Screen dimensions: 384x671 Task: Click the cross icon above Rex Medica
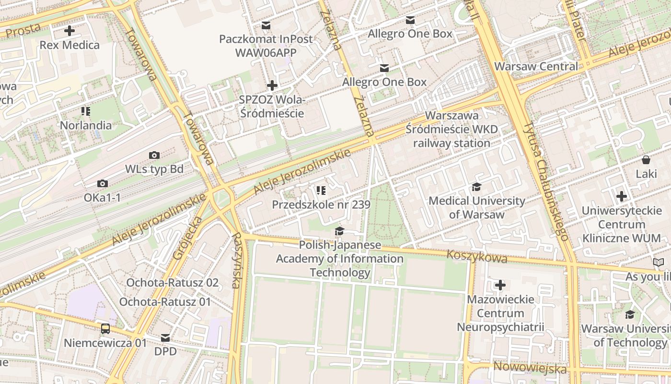click(x=69, y=31)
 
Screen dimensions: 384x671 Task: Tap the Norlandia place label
click(x=85, y=125)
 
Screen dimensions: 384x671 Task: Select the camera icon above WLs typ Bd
click(x=154, y=155)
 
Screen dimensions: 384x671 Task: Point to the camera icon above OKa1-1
click(x=102, y=184)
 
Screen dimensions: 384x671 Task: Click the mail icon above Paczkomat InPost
click(x=266, y=25)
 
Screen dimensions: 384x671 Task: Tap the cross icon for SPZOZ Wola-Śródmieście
click(x=272, y=86)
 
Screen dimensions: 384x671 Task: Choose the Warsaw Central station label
click(x=536, y=66)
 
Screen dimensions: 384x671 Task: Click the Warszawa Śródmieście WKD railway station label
click(x=451, y=130)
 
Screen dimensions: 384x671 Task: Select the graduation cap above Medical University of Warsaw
click(x=476, y=187)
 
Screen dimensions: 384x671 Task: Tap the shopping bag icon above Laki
click(x=646, y=160)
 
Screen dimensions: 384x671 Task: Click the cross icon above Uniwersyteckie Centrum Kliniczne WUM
click(x=622, y=196)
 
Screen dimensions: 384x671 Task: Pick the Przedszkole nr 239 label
click(x=321, y=205)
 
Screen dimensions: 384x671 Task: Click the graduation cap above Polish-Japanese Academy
click(x=339, y=231)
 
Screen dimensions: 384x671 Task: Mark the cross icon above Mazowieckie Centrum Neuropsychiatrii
click(x=500, y=286)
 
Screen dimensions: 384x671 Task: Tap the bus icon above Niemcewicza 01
click(x=105, y=329)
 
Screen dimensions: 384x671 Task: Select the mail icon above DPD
click(x=165, y=337)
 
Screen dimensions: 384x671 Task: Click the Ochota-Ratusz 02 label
click(x=172, y=283)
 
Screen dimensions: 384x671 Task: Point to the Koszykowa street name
click(x=476, y=256)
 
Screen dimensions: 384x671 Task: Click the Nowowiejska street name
click(x=530, y=368)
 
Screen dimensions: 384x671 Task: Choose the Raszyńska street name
click(x=236, y=260)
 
